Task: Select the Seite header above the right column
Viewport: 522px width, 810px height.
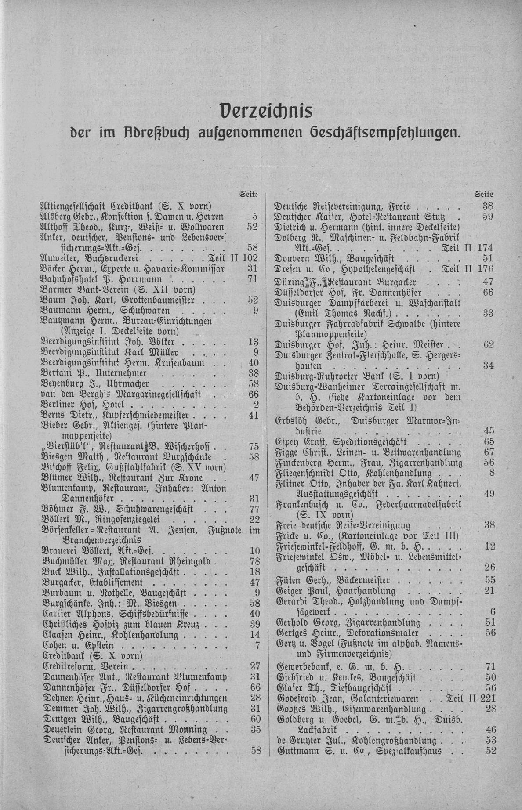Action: click(x=484, y=194)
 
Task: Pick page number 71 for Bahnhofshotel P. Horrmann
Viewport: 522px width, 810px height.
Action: click(x=252, y=279)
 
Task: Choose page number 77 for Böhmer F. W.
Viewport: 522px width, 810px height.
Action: click(x=252, y=510)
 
